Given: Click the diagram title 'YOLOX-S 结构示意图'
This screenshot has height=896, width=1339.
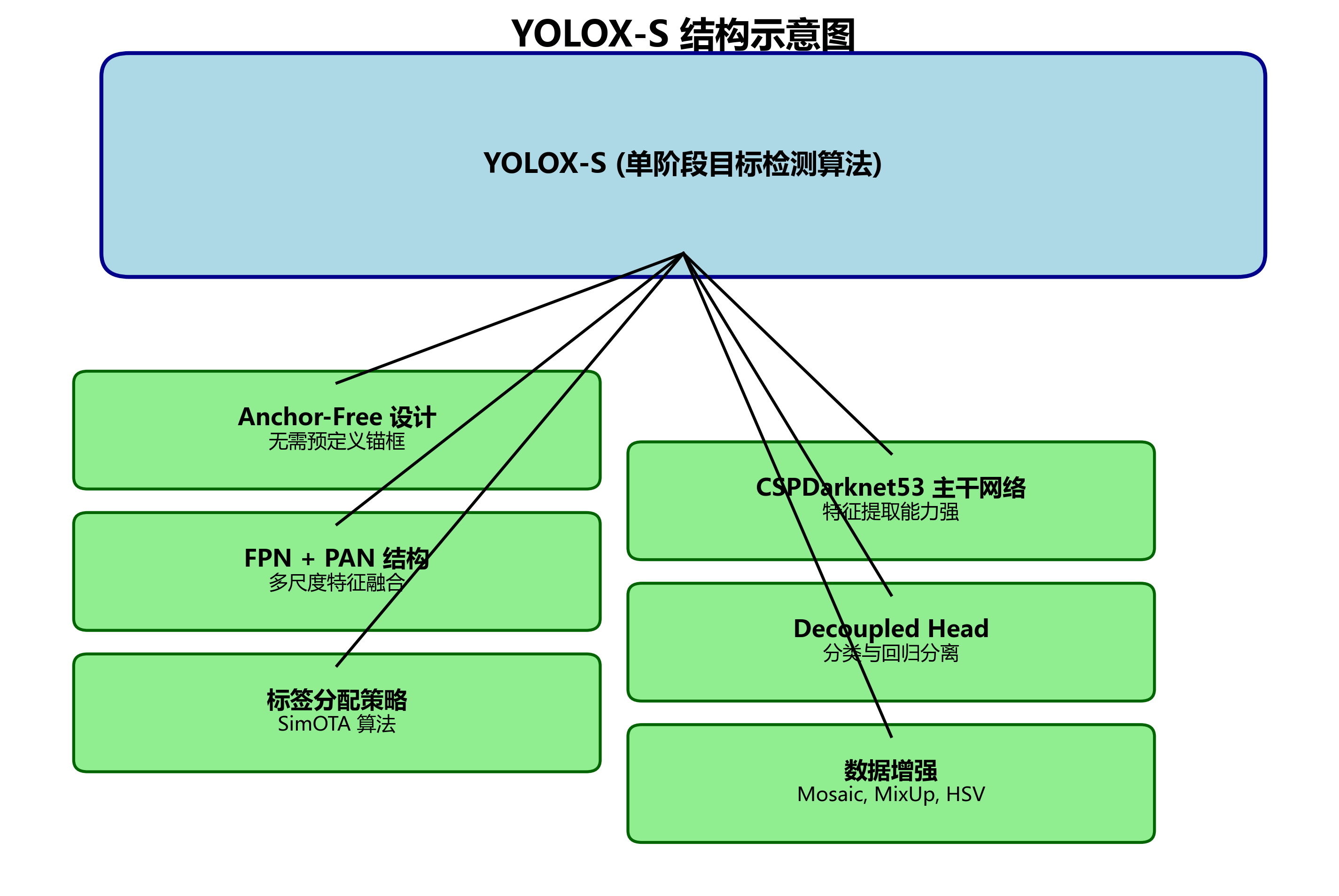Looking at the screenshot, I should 683,34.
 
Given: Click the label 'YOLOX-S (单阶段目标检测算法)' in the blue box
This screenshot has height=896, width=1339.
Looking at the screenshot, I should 683,164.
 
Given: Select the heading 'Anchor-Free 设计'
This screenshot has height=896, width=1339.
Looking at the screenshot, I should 336,417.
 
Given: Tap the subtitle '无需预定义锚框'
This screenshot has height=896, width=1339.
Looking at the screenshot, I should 336,442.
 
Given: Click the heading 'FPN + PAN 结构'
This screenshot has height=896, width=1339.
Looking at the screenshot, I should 336,558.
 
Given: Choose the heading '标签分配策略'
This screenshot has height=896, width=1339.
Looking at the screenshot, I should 336,700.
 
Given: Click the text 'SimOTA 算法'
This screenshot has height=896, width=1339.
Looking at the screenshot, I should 336,724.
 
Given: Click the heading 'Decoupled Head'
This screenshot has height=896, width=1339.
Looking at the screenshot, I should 891,629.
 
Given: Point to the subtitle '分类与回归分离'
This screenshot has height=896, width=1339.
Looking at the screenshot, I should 891,653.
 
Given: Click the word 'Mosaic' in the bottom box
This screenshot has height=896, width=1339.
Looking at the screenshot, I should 831,795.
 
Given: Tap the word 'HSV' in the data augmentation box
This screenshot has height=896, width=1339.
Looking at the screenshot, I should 965,795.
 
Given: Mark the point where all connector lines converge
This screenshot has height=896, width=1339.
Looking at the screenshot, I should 683,253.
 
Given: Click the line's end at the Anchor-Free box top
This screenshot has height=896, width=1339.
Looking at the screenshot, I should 336,383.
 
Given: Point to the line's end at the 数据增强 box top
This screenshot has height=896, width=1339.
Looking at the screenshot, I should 891,737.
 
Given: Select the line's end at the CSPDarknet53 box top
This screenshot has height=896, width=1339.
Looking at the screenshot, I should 891,454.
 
